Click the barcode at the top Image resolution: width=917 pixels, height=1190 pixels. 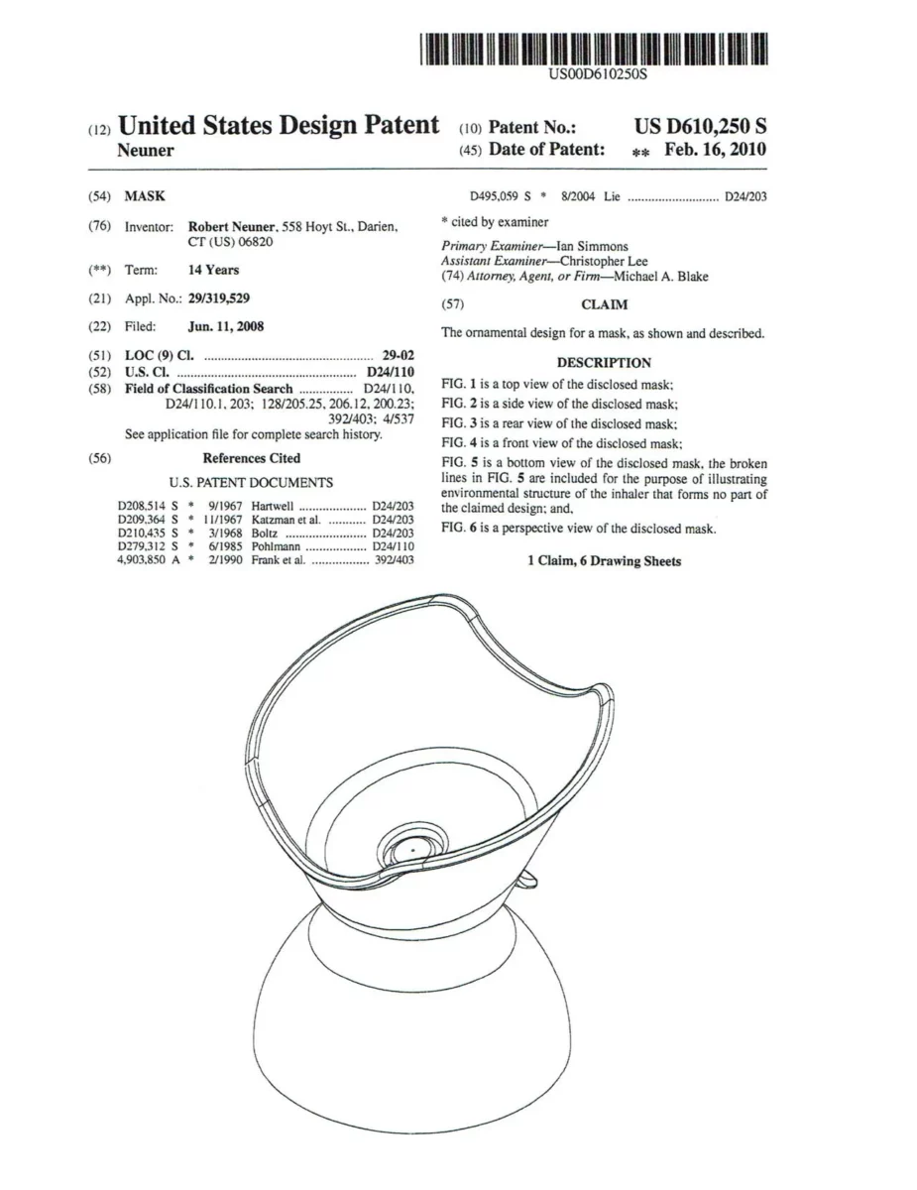pos(594,49)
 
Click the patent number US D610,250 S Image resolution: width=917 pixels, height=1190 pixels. pos(700,126)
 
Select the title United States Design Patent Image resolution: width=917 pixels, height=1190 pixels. pos(278,126)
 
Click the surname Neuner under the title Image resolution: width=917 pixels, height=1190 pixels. pos(146,151)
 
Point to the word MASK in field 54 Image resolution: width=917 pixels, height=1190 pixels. pos(145,197)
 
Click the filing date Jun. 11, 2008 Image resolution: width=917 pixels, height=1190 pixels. pos(226,326)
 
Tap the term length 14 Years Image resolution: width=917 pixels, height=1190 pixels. pos(213,270)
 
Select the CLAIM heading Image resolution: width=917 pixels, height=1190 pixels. pos(603,305)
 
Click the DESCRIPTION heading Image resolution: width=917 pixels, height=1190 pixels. pos(603,363)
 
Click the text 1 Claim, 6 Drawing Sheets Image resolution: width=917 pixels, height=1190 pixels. pos(603,561)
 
